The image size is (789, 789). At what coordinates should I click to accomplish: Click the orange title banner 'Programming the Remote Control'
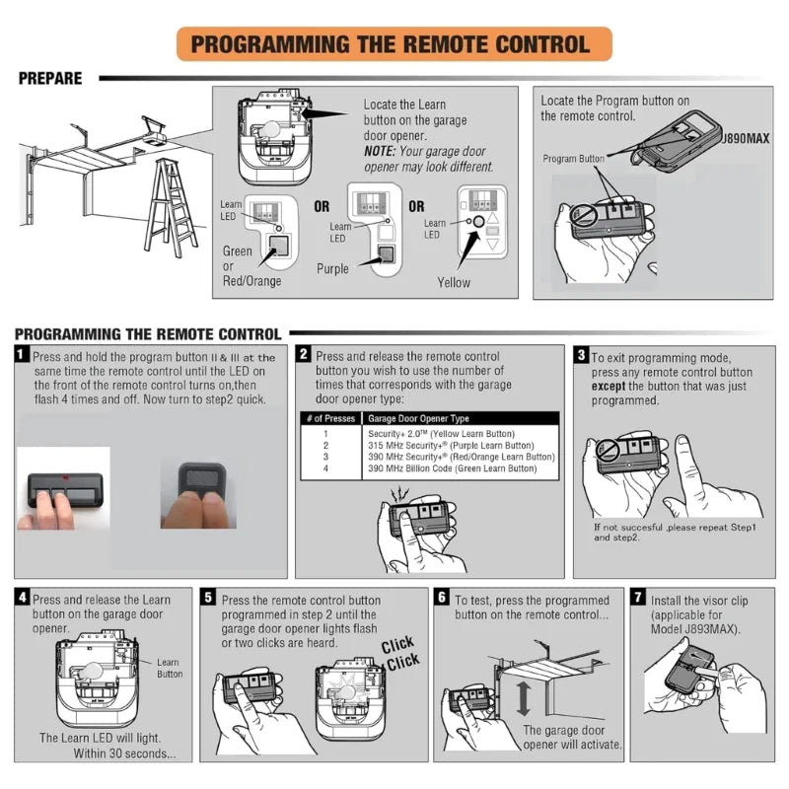click(x=394, y=44)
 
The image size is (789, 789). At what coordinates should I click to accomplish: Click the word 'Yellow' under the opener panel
click(x=454, y=282)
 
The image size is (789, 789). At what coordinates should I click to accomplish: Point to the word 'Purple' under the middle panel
click(x=332, y=268)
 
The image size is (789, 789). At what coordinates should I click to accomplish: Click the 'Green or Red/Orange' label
click(x=251, y=266)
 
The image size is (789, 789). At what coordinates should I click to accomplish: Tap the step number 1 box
click(x=22, y=354)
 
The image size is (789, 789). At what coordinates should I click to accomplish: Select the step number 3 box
click(x=582, y=354)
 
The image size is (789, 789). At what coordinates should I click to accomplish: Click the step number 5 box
click(x=208, y=598)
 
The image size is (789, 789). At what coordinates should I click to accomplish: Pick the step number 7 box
click(x=638, y=598)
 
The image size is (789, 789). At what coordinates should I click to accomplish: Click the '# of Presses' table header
click(x=329, y=419)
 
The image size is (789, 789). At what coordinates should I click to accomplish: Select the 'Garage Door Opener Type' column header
click(x=419, y=419)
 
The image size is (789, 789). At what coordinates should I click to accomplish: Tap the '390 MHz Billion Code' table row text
click(x=452, y=468)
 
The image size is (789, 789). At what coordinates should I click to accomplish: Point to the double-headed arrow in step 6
click(x=524, y=696)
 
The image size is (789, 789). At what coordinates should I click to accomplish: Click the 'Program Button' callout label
click(x=574, y=159)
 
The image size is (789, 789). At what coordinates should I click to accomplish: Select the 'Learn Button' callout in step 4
click(x=169, y=669)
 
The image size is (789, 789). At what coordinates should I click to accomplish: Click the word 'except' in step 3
click(x=611, y=387)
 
